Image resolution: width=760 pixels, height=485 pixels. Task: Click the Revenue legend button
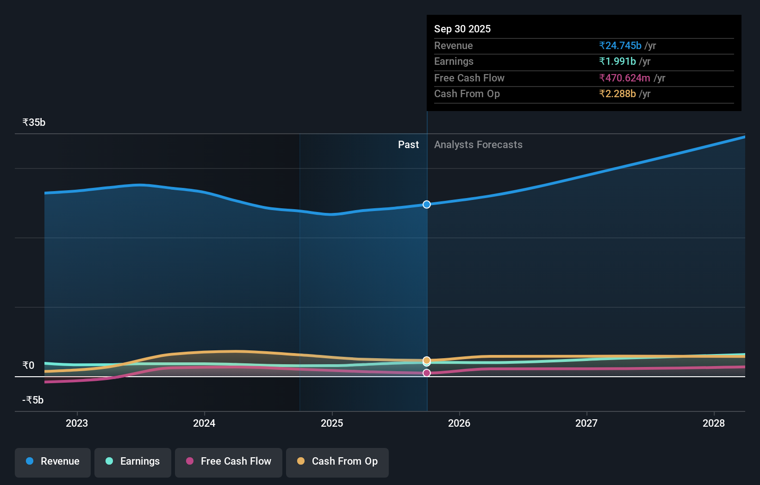(53, 462)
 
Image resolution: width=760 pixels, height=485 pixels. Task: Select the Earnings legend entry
(133, 462)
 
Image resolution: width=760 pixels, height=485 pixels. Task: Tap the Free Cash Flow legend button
(229, 462)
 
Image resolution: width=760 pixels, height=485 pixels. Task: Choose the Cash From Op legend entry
(337, 462)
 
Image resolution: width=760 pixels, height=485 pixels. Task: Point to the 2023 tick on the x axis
(77, 423)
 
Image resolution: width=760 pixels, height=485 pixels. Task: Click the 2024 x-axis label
(204, 423)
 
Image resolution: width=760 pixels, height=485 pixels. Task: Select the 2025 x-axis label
(332, 423)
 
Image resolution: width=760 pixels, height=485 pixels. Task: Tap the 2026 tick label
(459, 423)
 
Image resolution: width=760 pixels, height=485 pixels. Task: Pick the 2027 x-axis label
(586, 423)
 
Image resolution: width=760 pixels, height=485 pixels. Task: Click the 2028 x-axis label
(714, 423)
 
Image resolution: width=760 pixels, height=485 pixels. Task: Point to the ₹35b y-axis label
(34, 123)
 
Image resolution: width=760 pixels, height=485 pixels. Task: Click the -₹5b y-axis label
(33, 400)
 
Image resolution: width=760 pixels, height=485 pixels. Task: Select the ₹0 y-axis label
(28, 366)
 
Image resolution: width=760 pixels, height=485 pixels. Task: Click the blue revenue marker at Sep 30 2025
(427, 205)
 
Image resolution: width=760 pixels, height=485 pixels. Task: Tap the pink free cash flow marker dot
(427, 373)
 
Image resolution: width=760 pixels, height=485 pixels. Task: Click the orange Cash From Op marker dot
(427, 360)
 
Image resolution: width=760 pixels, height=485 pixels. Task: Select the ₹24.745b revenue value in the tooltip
(620, 46)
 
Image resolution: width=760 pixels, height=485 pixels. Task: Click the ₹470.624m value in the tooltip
(624, 78)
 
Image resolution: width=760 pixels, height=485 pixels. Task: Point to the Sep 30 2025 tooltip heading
(462, 29)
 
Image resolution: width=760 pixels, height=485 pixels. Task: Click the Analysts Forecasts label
(478, 145)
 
